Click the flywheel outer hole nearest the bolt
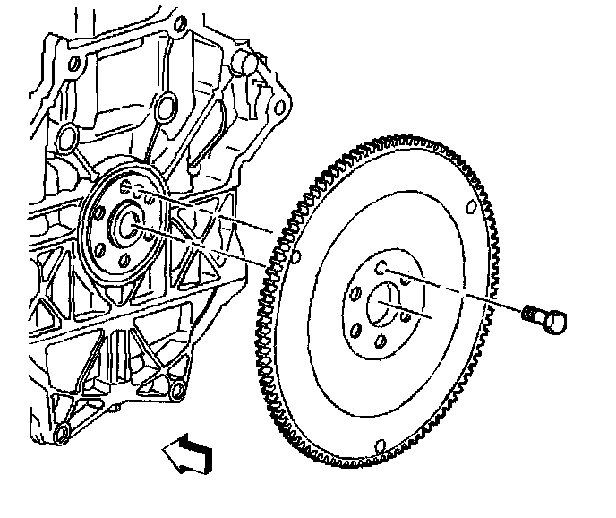472,209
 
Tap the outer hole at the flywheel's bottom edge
381,445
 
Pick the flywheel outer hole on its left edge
295,261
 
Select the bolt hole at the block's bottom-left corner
60,436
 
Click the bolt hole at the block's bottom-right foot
175,389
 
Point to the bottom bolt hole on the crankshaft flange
124,263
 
